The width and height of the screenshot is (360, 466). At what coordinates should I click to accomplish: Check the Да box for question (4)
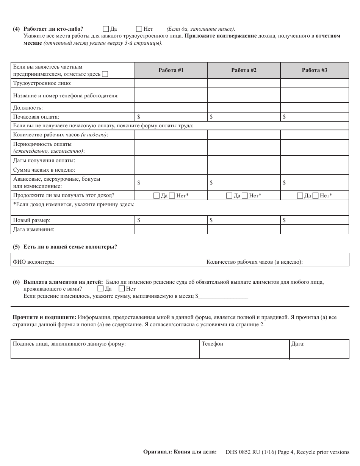[106, 29]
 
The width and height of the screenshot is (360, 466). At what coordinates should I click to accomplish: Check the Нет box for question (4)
[139, 29]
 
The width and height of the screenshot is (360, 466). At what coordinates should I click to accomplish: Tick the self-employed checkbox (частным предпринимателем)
[105, 74]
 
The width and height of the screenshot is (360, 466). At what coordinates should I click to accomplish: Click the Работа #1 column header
[171, 70]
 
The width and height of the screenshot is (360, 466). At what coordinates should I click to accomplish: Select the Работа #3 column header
[314, 70]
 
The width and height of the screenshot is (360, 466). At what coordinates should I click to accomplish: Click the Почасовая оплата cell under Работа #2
[244, 117]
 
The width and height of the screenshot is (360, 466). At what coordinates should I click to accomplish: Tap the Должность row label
[28, 108]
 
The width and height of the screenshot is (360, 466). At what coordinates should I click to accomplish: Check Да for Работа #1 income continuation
[157, 196]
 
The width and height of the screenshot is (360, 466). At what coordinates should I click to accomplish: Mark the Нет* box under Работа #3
[316, 196]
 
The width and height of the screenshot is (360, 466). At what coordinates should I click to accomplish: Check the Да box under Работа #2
[229, 196]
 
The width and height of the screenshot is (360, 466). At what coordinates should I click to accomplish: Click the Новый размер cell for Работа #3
[314, 220]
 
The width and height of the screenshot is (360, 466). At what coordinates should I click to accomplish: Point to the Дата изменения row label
[34, 229]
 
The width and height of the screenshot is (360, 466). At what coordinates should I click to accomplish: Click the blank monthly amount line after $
[223, 297]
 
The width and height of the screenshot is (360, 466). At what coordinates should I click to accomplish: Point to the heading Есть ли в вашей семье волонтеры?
[70, 247]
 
